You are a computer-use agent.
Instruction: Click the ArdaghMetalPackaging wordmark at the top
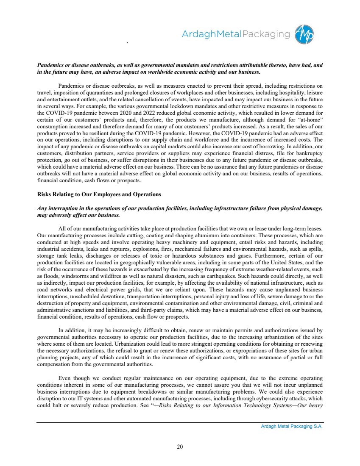click(x=235, y=35)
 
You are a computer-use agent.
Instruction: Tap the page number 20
click(x=180, y=446)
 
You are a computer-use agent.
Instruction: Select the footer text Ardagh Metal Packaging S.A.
click(x=292, y=427)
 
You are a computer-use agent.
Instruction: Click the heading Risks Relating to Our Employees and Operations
click(x=99, y=194)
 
